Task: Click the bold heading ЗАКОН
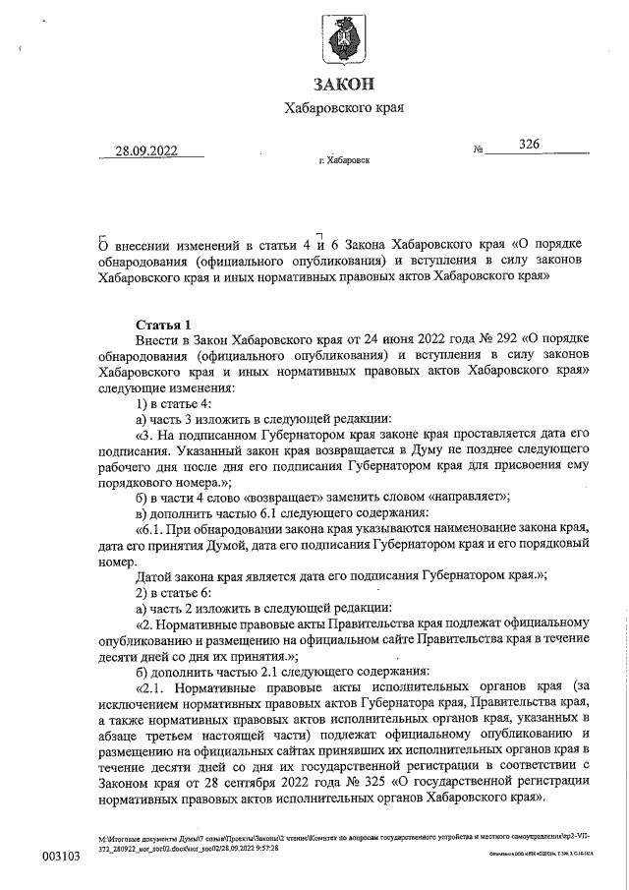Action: pyautogui.click(x=343, y=86)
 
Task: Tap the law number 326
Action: pyautogui.click(x=530, y=145)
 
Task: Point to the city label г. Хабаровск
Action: pyautogui.click(x=344, y=159)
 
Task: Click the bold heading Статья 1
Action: pyautogui.click(x=164, y=325)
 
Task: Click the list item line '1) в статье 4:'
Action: pyautogui.click(x=173, y=402)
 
